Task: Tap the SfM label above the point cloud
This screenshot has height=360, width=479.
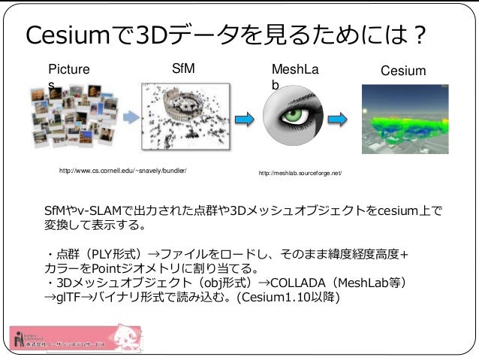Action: [x=183, y=68]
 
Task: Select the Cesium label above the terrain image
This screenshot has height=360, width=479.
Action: [x=403, y=71]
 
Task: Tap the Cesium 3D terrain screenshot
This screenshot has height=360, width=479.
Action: [x=403, y=119]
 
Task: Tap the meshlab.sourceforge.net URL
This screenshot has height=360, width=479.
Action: [x=300, y=174]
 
